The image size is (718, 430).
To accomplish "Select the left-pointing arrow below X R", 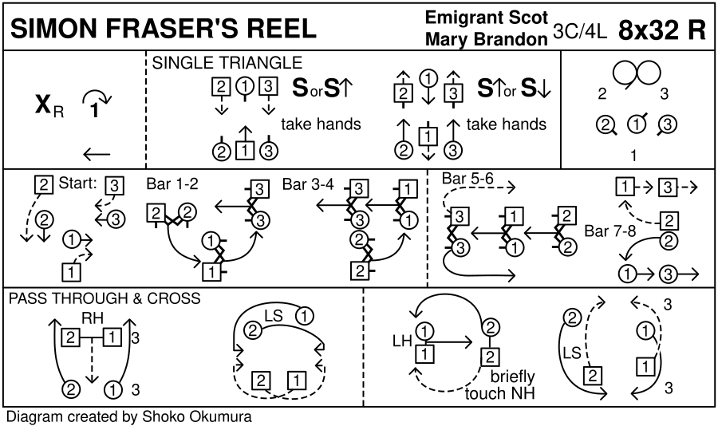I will pyautogui.click(x=97, y=155).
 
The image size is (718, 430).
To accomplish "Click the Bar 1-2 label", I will pyautogui.click(x=172, y=184).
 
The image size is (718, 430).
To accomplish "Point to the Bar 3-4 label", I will pyautogui.click(x=308, y=184).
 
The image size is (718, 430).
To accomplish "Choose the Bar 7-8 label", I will pyautogui.click(x=610, y=232).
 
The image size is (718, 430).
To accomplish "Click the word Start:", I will pyautogui.click(x=77, y=184).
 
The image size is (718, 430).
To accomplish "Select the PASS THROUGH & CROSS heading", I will pyautogui.click(x=104, y=299).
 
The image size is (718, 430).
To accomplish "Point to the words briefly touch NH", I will pyautogui.click(x=501, y=385).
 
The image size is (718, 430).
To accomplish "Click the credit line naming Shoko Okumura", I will pyautogui.click(x=130, y=417).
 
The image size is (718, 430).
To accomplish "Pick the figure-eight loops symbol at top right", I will pyautogui.click(x=637, y=74).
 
